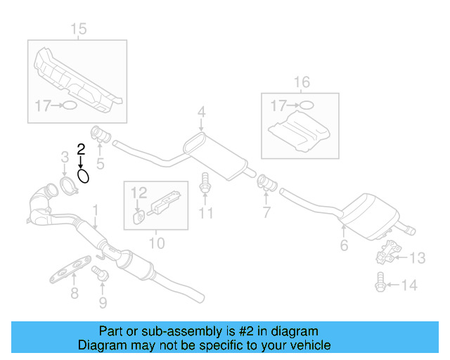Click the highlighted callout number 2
click(81, 148)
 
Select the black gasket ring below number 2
click(83, 175)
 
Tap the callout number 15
click(79, 29)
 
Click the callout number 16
click(301, 83)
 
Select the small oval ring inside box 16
click(306, 105)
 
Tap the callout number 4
click(201, 112)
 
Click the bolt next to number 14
click(380, 284)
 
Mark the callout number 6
click(344, 245)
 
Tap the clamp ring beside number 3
click(68, 186)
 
